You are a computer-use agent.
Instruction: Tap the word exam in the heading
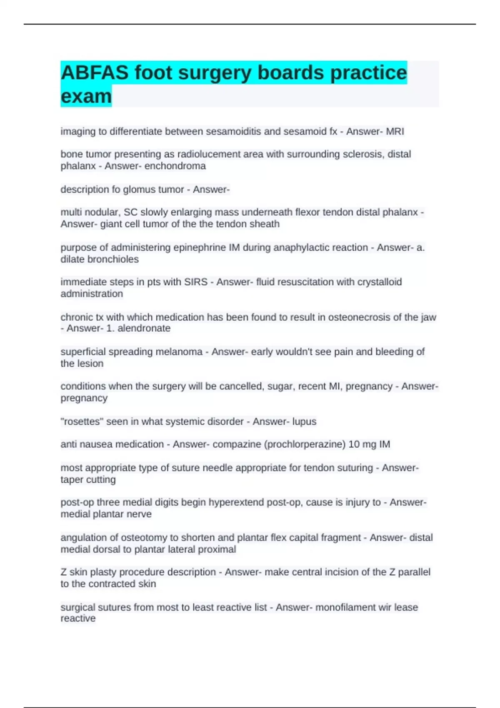pos(86,96)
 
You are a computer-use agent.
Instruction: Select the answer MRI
pos(395,132)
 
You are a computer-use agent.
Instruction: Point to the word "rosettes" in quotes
pos(82,421)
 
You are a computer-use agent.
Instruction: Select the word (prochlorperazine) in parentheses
pos(305,444)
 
